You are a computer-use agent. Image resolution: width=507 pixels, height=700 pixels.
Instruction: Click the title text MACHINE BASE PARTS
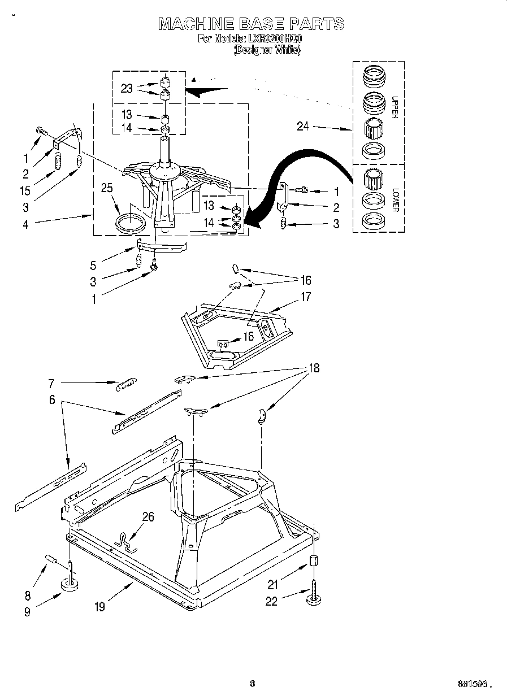[251, 23]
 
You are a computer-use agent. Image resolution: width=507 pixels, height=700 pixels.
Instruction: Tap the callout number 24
[303, 126]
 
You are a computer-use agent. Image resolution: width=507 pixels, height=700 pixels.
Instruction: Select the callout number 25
[106, 188]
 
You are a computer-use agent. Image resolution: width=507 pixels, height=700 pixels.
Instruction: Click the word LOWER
[395, 199]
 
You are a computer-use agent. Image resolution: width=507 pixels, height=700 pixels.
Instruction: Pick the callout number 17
[305, 296]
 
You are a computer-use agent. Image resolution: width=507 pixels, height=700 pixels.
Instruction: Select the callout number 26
[148, 516]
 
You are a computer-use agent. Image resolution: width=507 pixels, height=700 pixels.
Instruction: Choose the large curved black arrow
[305, 169]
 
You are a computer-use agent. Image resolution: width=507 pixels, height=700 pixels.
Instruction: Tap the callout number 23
[127, 88]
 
